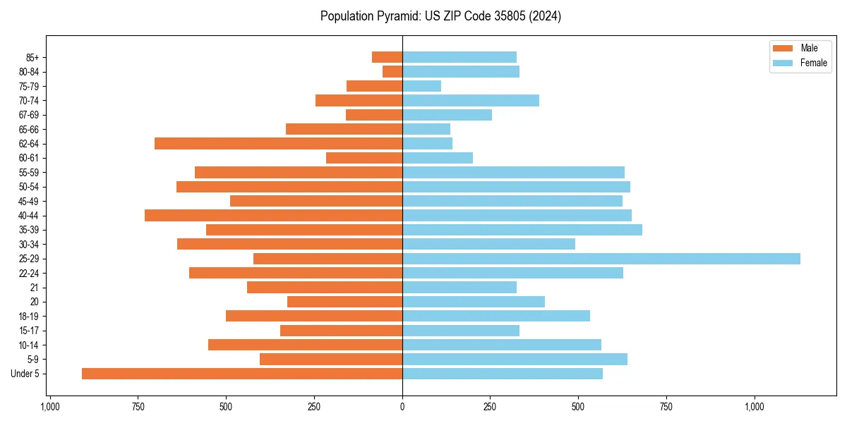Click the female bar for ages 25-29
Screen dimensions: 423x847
point(601,259)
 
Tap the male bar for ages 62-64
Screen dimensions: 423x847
point(278,144)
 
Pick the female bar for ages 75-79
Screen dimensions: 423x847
point(421,86)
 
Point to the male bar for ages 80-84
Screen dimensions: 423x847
point(392,72)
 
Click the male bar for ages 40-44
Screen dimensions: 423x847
point(273,216)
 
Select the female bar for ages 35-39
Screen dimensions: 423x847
point(522,230)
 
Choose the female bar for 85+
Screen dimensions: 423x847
point(459,57)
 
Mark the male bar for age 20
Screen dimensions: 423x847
point(344,302)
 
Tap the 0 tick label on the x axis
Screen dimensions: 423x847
point(402,407)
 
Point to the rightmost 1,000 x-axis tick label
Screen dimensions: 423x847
point(755,407)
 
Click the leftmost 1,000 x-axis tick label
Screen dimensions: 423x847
point(50,407)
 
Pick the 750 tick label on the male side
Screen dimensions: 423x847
point(138,407)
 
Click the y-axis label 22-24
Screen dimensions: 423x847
point(29,273)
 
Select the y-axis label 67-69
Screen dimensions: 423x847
point(29,115)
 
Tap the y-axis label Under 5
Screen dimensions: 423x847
point(25,374)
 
